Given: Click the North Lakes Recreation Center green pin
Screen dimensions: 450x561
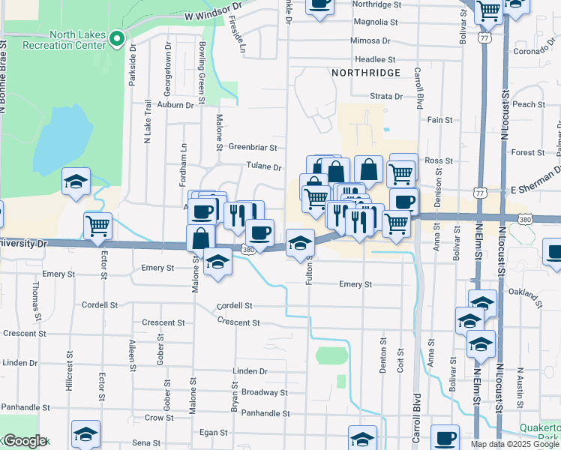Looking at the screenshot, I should click(x=116, y=38).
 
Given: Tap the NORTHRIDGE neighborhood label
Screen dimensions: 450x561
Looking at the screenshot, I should click(x=364, y=73).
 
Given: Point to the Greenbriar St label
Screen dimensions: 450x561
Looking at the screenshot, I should click(x=253, y=148).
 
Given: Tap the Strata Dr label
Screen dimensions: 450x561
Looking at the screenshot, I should click(x=386, y=96).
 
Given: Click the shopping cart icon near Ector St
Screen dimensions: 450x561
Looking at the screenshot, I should click(x=98, y=226).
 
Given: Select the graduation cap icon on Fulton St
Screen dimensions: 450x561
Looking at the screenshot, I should click(x=300, y=244).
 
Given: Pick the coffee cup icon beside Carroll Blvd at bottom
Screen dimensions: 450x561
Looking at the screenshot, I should click(x=445, y=438).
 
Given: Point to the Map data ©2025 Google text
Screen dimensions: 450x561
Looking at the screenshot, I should click(x=515, y=444).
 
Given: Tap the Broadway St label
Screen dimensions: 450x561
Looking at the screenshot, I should click(x=264, y=392).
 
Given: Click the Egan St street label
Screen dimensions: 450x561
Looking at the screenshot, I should click(x=213, y=433).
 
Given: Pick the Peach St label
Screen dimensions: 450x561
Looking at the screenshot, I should click(x=529, y=104).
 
